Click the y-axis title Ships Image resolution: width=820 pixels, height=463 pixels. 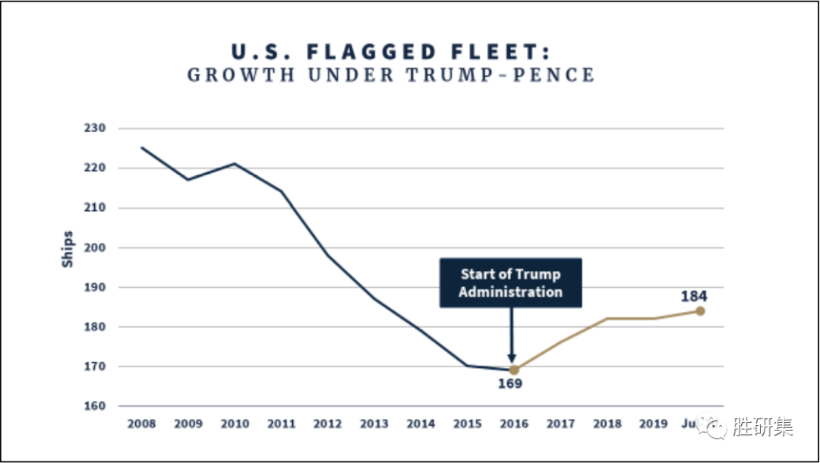(68, 248)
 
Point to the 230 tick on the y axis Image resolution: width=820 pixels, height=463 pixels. (95, 128)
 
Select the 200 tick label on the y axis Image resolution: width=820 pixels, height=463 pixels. (95, 247)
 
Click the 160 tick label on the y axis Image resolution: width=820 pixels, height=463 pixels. (95, 406)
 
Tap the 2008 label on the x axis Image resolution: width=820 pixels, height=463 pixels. (141, 424)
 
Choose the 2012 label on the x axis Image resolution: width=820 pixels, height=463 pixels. (327, 424)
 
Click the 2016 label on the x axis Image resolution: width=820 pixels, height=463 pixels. (513, 424)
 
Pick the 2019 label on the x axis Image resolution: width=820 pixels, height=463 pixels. (653, 424)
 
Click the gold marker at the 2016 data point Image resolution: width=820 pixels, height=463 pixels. (513, 370)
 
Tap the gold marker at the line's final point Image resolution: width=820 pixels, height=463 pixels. (700, 310)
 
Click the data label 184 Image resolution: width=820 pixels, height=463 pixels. (694, 296)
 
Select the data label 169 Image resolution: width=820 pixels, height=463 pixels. (510, 384)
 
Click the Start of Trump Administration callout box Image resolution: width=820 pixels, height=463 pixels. (510, 283)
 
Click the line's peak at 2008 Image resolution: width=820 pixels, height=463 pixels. (142, 148)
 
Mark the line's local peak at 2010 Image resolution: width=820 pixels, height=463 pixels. (235, 163)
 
